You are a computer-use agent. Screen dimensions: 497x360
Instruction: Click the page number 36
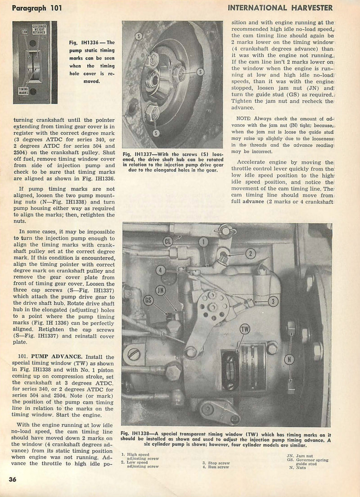(12, 479)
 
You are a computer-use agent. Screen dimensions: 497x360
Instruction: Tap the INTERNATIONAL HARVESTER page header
(280, 7)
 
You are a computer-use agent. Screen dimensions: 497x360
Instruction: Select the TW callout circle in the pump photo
(245, 329)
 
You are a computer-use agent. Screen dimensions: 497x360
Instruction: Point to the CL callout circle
(168, 241)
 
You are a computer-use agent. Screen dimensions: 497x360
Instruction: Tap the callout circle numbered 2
(250, 253)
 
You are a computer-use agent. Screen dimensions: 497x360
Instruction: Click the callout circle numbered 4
(160, 271)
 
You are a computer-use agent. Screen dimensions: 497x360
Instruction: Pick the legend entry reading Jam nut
(305, 456)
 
